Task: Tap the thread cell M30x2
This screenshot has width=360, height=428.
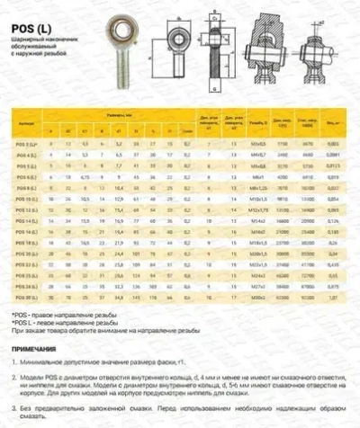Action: click(258, 297)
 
